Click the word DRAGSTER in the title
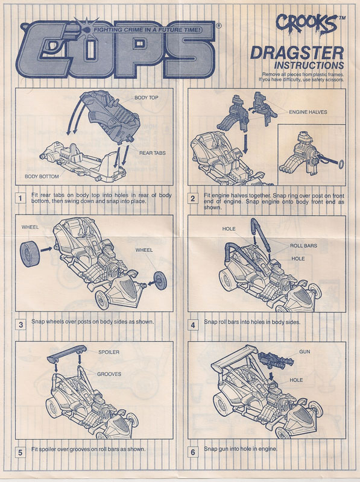297,53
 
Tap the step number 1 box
21,198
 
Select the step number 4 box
193,325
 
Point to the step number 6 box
193,452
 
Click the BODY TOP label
146,98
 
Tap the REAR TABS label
153,153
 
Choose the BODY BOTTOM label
42,177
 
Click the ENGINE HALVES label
308,112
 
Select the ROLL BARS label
303,246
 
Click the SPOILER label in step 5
109,352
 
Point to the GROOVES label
109,374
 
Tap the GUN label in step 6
305,352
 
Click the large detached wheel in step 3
30,254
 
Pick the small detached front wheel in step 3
160,281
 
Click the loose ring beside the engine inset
341,164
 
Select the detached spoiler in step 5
67,354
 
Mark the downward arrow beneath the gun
271,377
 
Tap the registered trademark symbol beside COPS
218,26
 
